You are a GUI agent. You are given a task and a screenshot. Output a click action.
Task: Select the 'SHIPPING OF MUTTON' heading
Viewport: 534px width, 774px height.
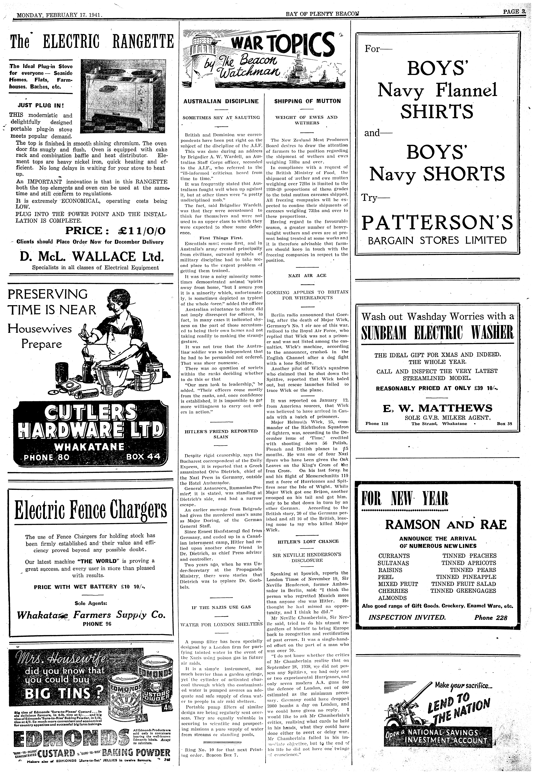pos(307,101)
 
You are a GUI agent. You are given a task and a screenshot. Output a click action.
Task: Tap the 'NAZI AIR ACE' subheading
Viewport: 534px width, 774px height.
pos(307,275)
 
